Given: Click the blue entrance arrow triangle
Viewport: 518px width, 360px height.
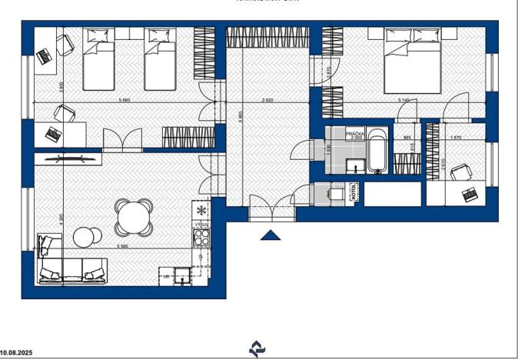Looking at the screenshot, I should click(x=270, y=235).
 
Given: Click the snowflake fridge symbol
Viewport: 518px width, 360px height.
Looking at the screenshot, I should click(x=201, y=210).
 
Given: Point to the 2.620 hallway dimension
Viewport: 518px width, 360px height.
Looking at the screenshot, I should click(x=267, y=101).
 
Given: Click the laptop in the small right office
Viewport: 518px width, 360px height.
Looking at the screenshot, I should click(x=470, y=196).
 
